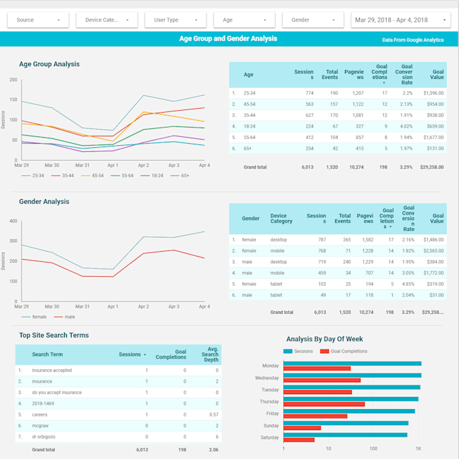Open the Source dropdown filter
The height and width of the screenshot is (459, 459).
pos(38,20)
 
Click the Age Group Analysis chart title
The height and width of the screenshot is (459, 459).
pos(49,64)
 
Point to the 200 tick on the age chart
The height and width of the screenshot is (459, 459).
pos(13,80)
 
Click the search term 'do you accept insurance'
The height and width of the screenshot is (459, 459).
pos(57,392)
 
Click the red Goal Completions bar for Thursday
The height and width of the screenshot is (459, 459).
pos(324,404)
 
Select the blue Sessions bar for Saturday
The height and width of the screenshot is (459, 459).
pos(345,435)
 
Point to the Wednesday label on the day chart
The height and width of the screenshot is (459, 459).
pos(267,378)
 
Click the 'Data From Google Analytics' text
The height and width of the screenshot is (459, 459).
pos(412,40)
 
